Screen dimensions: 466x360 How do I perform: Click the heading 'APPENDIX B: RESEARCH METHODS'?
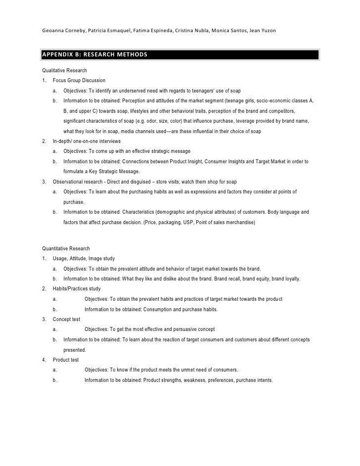click(94, 53)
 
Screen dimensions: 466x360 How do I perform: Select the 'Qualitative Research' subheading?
click(64, 71)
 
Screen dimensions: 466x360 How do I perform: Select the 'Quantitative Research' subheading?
click(66, 248)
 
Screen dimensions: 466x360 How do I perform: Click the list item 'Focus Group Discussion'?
click(79, 81)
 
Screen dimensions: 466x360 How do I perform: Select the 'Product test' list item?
click(66, 360)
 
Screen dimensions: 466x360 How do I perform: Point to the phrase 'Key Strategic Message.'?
click(114, 171)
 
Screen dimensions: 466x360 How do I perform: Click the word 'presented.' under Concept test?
click(74, 349)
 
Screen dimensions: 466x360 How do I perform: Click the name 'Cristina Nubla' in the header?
click(191, 31)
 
